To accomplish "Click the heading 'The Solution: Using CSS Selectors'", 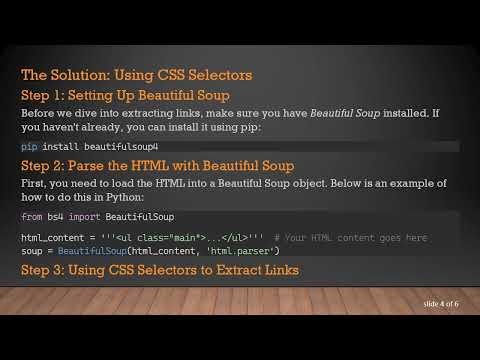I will (x=136, y=75).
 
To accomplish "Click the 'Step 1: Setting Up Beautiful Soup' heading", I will (x=126, y=95).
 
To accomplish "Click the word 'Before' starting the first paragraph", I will (x=39, y=113).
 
